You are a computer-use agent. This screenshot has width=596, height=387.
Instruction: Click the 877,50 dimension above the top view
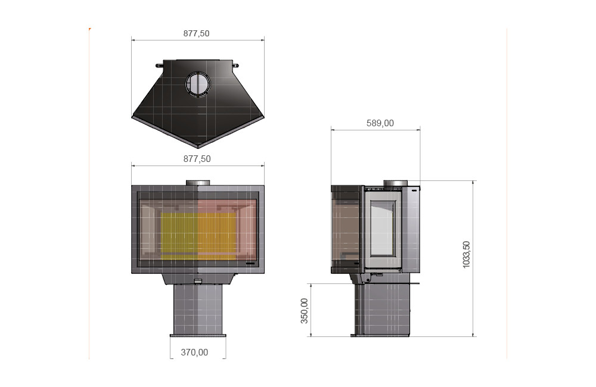196,33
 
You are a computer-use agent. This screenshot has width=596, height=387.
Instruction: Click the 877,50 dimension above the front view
197,159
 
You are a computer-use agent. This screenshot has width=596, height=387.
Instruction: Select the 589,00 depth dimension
380,123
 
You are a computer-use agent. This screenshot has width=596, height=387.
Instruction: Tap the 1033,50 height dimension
467,254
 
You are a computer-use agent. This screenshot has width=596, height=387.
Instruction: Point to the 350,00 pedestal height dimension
305,311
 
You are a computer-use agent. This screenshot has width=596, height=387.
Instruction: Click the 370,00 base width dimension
194,352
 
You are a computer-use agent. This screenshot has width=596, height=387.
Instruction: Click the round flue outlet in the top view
198,84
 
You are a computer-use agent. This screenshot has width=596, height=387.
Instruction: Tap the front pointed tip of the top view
198,147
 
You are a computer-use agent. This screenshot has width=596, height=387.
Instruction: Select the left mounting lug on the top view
159,65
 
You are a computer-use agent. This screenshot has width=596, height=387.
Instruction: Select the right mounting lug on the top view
235,65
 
